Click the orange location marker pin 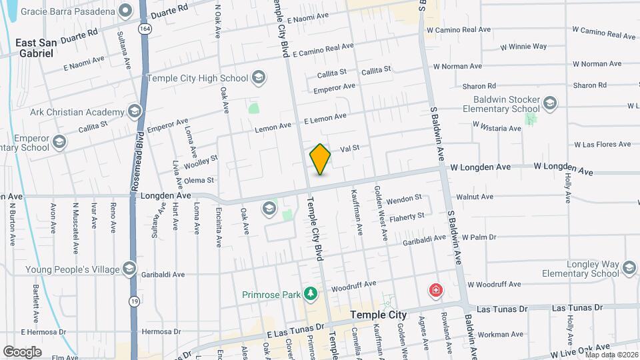[321, 159]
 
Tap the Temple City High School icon [259, 78]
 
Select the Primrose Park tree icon [309, 293]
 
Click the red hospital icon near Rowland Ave [436, 291]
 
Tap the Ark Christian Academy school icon [135, 111]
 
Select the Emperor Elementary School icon [59, 142]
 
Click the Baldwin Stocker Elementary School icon [549, 103]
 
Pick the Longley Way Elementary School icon [629, 269]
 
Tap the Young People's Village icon [129, 269]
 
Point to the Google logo [22, 351]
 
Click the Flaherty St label [407, 216]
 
